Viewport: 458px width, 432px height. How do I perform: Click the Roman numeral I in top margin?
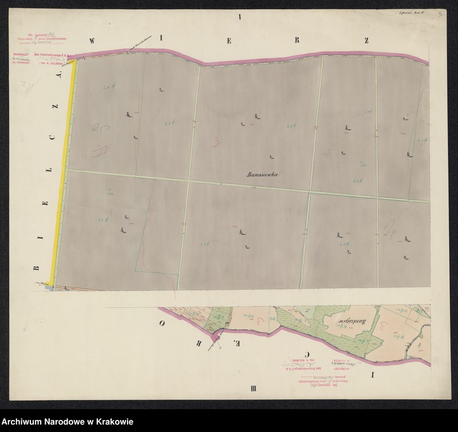[x=240, y=17]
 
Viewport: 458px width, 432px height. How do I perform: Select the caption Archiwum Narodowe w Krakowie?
[x=67, y=422]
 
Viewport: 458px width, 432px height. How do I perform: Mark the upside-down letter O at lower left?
[x=163, y=323]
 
